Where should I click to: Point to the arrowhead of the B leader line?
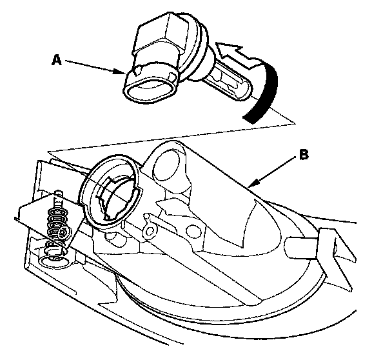pyautogui.click(x=250, y=186)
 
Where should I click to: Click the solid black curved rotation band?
pyautogui.click(x=265, y=93)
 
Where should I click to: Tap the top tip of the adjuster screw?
pyautogui.click(x=59, y=193)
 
